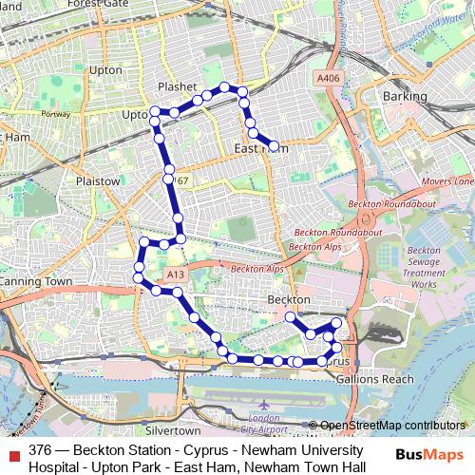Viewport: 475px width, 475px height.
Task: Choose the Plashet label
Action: point(177,86)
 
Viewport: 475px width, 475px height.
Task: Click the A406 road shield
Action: point(328,78)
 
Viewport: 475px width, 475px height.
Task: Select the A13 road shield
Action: point(174,275)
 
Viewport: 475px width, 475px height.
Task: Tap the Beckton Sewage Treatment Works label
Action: point(424,267)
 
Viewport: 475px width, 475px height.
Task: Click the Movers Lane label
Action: point(447,181)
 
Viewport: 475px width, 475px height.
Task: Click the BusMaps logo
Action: point(429,456)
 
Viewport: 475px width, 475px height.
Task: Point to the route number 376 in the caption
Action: point(41,449)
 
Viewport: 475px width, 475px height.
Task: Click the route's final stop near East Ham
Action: point(274,146)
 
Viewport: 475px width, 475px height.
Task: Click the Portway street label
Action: point(57,114)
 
